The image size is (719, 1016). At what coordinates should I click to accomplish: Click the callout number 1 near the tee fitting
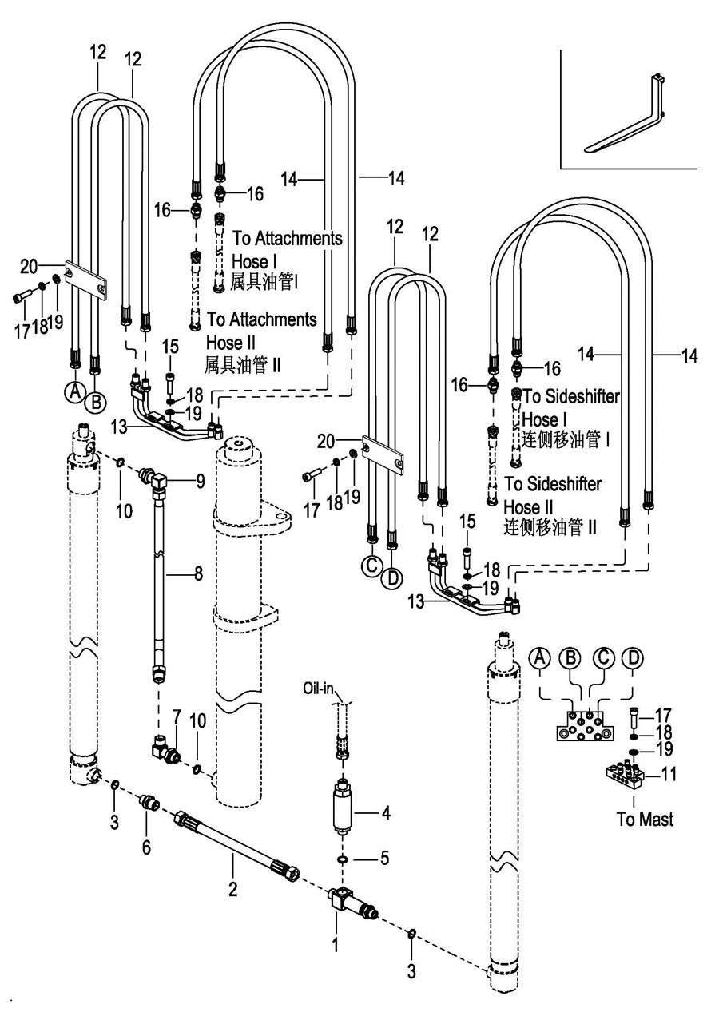pos(336,945)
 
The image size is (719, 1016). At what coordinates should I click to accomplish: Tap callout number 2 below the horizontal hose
pos(233,887)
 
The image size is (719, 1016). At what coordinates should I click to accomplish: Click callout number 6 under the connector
pos(146,847)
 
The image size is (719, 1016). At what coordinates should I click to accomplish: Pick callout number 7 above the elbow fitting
pos(177,712)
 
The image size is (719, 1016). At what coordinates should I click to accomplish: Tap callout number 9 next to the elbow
pos(200,481)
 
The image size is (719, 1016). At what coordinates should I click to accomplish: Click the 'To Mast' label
pos(646,819)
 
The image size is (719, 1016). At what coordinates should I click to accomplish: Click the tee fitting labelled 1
pos(348,906)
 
